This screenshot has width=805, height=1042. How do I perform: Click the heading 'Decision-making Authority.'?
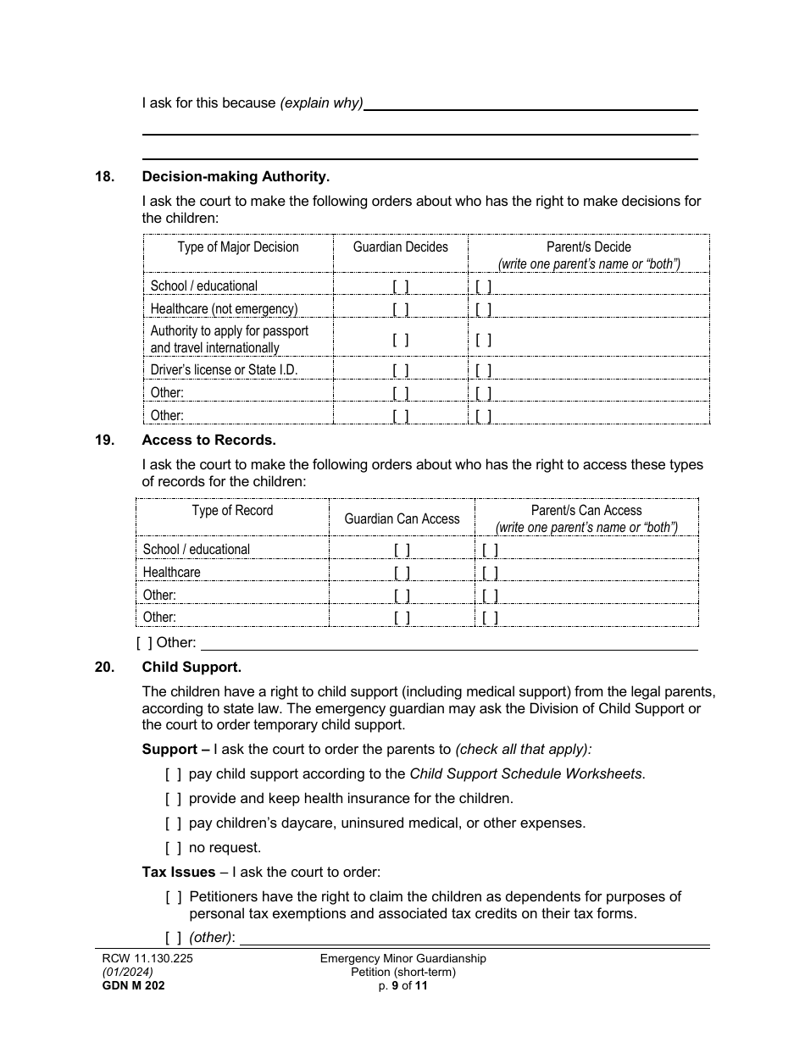click(x=236, y=176)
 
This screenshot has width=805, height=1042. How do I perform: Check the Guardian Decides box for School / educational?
click(x=401, y=286)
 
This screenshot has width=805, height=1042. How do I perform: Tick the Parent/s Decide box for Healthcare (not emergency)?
click(x=484, y=309)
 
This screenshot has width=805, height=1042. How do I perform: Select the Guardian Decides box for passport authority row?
click(x=401, y=340)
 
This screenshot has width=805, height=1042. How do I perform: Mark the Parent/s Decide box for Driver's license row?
click(x=484, y=370)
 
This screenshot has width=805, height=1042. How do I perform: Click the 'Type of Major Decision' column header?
click(x=238, y=247)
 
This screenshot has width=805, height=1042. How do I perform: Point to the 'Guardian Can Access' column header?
click(x=402, y=518)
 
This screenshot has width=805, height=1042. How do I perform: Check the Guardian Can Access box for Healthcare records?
click(x=402, y=573)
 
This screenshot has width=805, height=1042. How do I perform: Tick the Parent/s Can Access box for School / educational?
click(x=490, y=550)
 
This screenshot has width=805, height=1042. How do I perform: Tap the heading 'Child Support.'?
click(x=192, y=667)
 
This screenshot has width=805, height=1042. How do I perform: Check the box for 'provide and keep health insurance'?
click(x=173, y=798)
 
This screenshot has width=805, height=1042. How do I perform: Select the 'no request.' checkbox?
click(x=173, y=847)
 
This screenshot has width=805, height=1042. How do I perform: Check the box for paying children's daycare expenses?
click(x=173, y=823)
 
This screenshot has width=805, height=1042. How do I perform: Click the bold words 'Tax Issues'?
click(x=178, y=872)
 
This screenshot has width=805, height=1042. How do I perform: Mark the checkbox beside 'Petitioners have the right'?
click(x=174, y=896)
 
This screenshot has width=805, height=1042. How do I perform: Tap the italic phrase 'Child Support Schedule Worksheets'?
click(x=525, y=773)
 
